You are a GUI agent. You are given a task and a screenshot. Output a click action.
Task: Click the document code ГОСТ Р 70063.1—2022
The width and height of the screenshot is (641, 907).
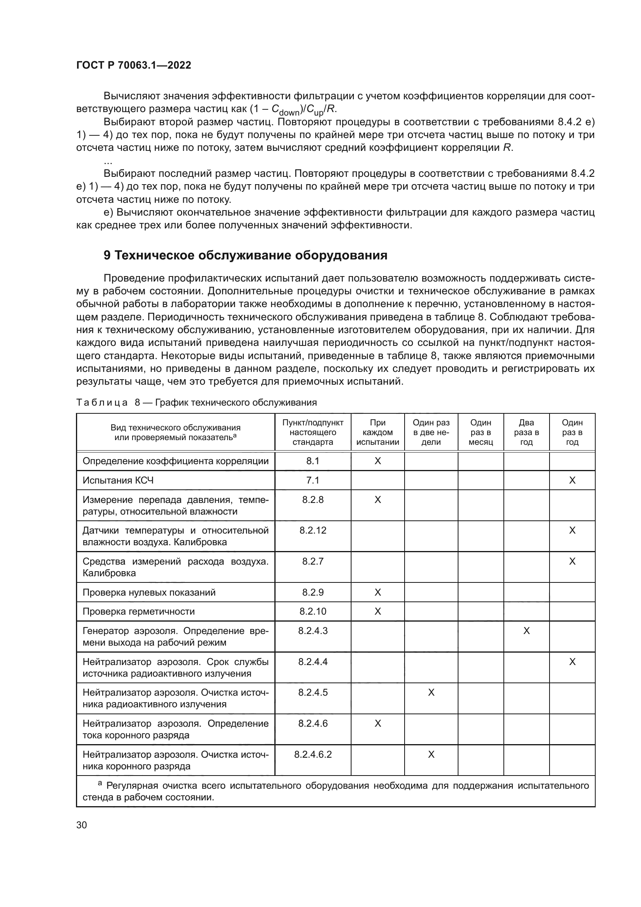[133, 65]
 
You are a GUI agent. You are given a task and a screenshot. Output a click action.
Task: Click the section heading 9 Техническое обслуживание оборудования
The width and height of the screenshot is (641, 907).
[245, 256]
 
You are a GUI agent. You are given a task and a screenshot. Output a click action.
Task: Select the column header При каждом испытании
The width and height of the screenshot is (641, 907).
[377, 432]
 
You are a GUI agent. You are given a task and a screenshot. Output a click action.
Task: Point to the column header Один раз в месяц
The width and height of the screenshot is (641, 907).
[480, 432]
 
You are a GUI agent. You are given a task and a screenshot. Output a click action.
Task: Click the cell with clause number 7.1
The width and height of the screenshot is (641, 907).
[313, 480]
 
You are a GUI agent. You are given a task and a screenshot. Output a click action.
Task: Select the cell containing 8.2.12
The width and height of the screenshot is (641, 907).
[313, 530]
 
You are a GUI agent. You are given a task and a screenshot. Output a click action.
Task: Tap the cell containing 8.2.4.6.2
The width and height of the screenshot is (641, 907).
[313, 754]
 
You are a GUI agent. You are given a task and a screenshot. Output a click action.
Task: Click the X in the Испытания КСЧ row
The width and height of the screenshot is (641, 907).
[572, 480]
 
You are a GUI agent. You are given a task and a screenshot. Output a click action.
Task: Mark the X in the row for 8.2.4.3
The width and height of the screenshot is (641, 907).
[526, 631]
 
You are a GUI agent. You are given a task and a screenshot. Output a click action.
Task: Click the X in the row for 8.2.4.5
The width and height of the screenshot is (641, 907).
[431, 693]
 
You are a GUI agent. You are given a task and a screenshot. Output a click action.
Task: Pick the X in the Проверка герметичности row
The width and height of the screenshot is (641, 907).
[377, 612]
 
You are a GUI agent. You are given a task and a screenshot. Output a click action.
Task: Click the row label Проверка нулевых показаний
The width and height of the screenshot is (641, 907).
[149, 592]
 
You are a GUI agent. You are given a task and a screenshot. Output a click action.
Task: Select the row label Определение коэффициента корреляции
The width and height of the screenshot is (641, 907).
[175, 461]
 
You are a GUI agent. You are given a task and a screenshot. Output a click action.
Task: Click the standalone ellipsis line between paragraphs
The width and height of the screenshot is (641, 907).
[108, 161]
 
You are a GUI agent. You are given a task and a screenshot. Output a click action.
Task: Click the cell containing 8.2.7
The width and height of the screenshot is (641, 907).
[313, 561]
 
